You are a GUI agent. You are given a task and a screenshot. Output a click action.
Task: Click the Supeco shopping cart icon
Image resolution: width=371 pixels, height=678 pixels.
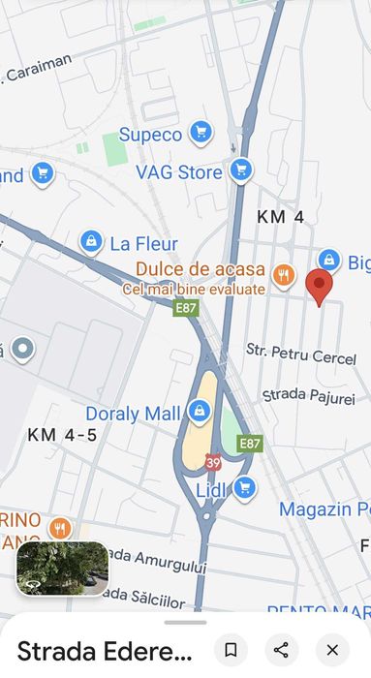201,133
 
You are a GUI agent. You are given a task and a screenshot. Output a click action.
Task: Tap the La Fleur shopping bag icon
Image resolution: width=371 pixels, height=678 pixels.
91,240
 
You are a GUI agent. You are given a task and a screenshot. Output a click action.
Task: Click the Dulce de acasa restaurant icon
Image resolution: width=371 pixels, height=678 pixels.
283,274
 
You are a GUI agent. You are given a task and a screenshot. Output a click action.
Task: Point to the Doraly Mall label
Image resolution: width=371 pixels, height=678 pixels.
133,414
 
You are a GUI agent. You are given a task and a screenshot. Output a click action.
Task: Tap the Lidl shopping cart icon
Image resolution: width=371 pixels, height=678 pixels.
244,488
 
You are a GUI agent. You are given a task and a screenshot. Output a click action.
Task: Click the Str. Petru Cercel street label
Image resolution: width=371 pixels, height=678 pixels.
301,354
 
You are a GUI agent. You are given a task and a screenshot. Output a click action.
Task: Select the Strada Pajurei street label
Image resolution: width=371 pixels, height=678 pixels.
308,396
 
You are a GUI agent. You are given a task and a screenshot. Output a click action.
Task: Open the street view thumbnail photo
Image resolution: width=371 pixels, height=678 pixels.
63,569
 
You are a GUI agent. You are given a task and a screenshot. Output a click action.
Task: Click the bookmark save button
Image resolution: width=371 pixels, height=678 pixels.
231,649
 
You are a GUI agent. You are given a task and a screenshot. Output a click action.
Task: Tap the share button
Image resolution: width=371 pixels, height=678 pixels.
281,649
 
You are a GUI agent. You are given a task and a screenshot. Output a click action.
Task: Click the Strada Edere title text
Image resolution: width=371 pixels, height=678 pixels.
105,651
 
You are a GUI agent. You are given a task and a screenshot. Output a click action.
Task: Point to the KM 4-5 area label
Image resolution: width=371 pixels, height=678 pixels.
62,435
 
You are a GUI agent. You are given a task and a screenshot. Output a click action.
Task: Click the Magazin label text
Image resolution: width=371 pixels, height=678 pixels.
324,509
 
